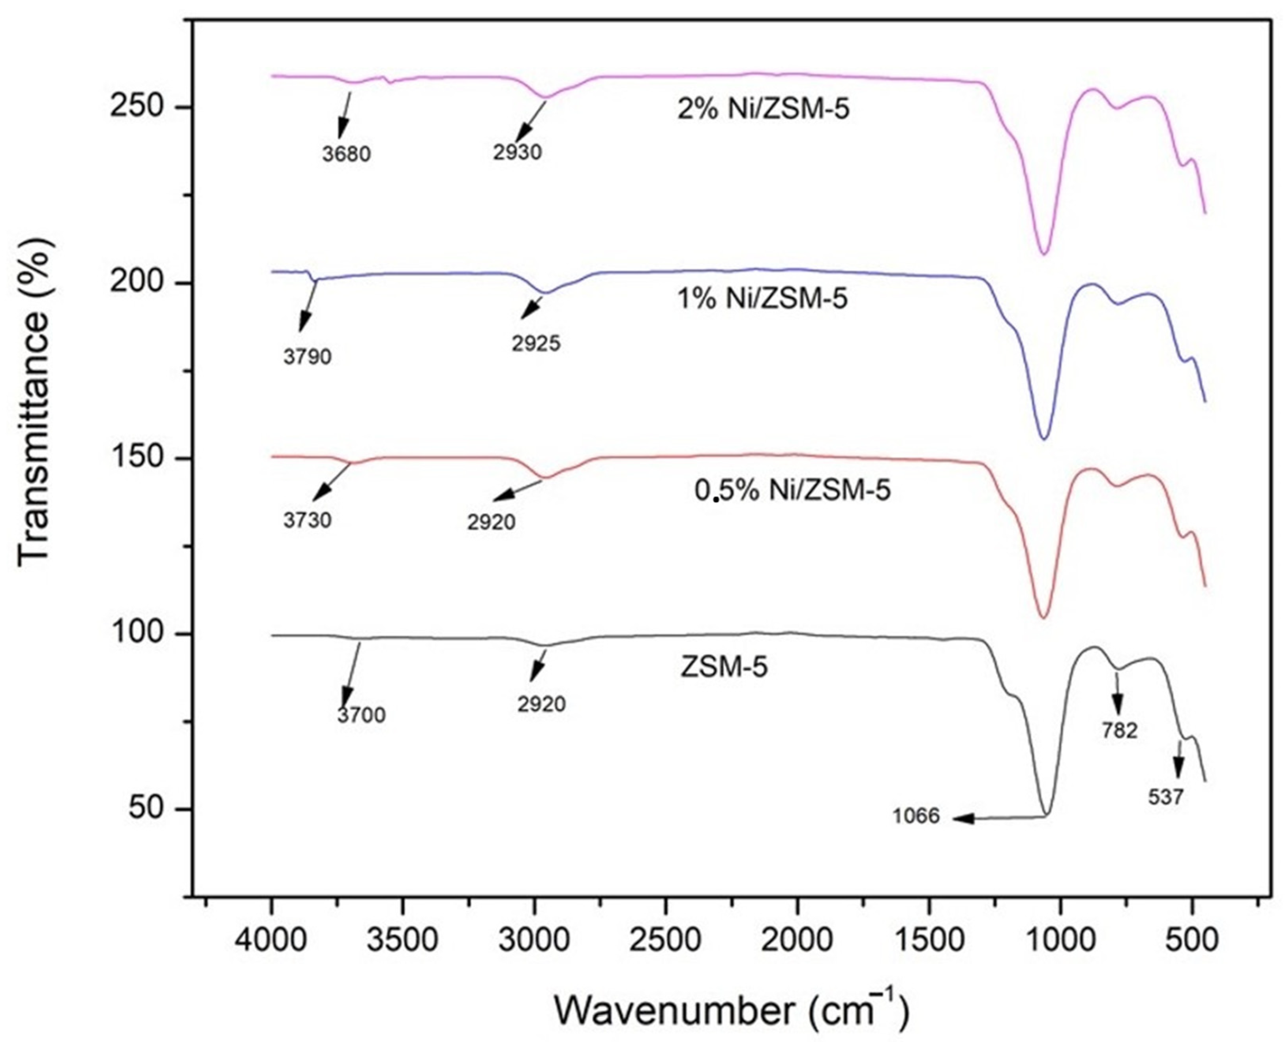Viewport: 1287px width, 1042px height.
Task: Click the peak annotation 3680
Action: point(346,154)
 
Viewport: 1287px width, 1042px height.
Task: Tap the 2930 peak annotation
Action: point(518,152)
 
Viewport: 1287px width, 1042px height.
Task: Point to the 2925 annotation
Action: point(536,343)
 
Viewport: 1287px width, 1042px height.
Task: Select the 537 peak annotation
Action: point(1166,798)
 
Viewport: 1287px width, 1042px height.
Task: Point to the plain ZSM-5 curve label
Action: point(724,667)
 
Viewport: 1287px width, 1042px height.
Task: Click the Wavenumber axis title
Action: point(731,1010)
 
